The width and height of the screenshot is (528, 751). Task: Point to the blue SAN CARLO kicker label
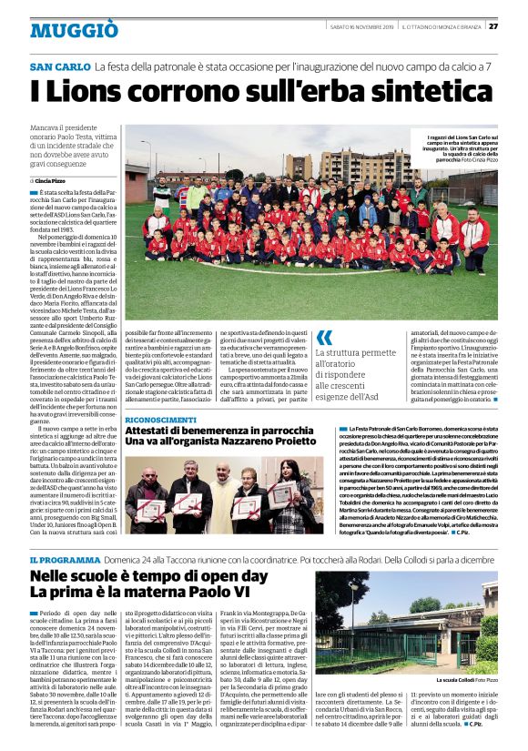pos(60,67)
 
